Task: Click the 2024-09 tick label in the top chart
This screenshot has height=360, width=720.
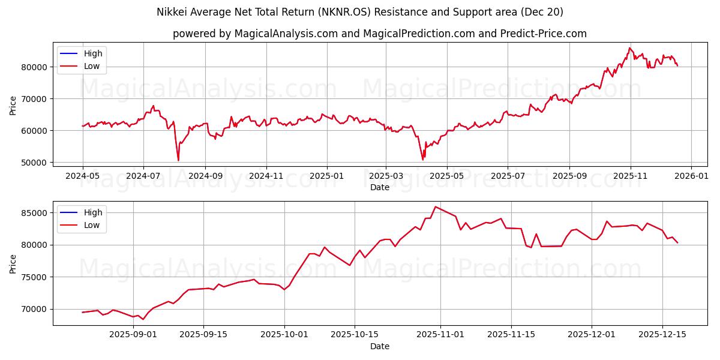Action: pos(205,176)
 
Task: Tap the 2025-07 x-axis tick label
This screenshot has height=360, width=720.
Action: pos(508,176)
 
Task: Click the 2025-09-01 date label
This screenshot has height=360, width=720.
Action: pos(133,335)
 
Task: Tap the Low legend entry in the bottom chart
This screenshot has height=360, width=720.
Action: pos(92,225)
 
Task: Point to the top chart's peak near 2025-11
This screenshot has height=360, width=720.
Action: pos(629,48)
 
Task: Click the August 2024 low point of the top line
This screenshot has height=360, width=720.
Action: pos(178,160)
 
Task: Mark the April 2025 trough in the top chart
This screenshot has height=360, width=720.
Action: pos(422,160)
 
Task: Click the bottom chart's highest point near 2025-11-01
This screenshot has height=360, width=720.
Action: pos(435,207)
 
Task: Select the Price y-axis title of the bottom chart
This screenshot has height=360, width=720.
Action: pos(13,263)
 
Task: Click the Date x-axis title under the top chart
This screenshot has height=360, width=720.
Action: pos(379,187)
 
